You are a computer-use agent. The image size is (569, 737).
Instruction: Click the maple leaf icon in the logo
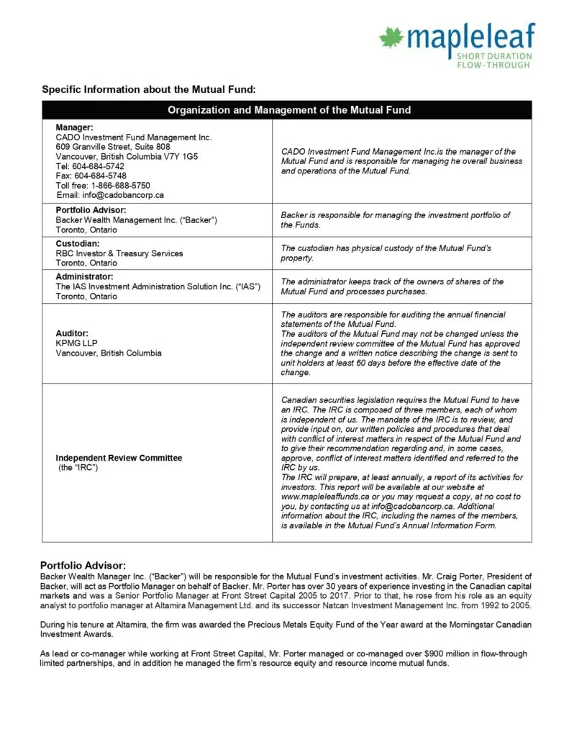392,37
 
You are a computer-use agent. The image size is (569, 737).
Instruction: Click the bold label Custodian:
78,243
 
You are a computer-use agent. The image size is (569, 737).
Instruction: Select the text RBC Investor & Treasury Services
119,253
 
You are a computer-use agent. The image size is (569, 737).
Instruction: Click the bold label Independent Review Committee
119,458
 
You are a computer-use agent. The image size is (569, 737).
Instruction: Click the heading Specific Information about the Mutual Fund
149,89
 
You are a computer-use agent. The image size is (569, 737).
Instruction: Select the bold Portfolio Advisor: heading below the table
83,565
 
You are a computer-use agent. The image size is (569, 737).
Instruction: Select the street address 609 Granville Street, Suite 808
113,147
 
